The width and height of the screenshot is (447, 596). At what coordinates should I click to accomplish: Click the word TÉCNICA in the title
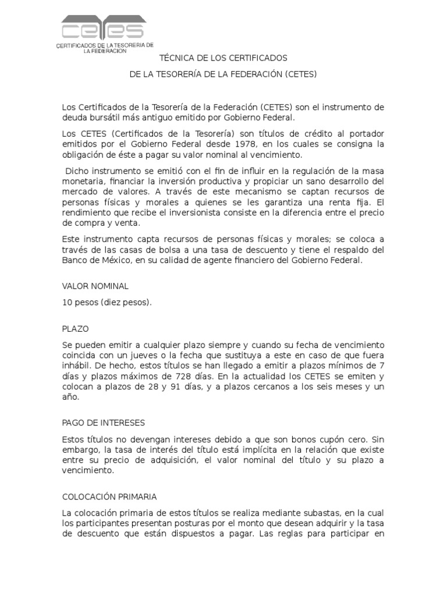point(176,59)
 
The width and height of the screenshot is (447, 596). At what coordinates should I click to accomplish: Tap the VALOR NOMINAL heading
point(95,286)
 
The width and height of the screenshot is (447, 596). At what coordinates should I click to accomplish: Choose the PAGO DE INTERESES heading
point(103,422)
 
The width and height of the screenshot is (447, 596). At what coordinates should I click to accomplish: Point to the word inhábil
point(77,366)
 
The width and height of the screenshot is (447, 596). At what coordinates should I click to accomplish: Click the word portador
point(367,134)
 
